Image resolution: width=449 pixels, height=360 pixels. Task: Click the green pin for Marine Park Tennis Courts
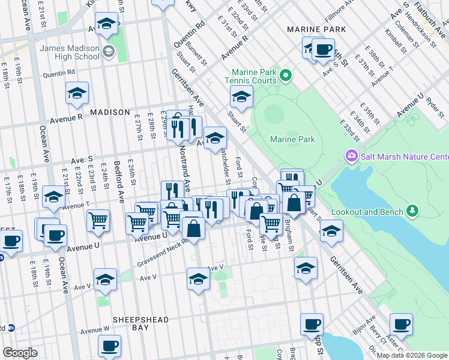(x=286, y=76)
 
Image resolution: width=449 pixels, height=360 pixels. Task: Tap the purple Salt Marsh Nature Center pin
(x=351, y=157)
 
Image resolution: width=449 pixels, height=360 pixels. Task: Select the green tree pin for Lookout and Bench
(x=412, y=210)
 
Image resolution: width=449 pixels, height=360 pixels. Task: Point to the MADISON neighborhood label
(x=110, y=112)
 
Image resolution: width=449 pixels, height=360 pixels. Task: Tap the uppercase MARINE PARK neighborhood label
(x=316, y=29)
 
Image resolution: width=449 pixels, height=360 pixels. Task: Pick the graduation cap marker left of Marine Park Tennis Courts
(x=241, y=96)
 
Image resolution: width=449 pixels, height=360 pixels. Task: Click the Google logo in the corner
(x=20, y=353)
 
